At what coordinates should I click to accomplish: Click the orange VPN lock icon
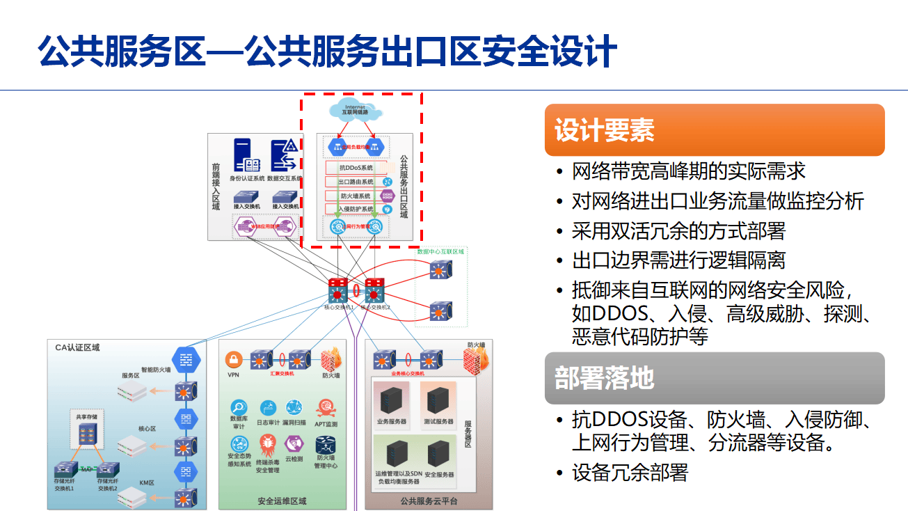click(233, 360)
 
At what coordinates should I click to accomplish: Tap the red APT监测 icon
click(326, 408)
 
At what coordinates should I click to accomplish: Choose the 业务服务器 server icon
click(391, 400)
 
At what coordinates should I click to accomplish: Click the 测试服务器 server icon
click(438, 400)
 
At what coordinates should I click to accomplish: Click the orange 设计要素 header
click(714, 130)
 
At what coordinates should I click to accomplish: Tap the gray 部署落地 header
click(714, 378)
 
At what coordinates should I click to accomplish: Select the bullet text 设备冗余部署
click(630, 473)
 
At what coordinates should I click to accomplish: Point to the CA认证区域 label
click(77, 347)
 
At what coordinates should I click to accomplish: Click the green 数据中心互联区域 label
click(440, 251)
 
